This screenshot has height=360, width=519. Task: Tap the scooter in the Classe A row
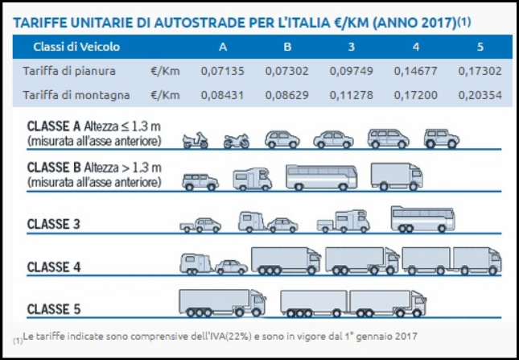click(x=196, y=140)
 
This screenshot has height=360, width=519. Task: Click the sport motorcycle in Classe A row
click(x=237, y=141)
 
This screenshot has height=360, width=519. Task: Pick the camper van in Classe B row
click(x=252, y=179)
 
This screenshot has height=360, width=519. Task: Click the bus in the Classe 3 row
click(x=422, y=218)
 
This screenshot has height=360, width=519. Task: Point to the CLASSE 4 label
click(x=55, y=266)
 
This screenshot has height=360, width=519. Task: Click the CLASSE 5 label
click(x=55, y=308)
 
